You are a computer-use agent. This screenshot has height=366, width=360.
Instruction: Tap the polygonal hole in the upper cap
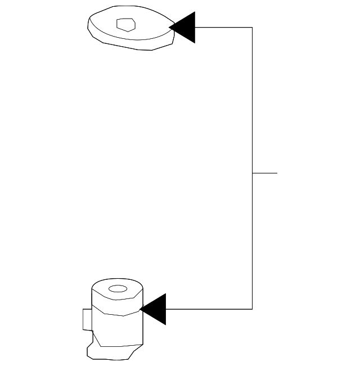point(125,24)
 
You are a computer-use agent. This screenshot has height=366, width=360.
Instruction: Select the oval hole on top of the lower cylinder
point(118,289)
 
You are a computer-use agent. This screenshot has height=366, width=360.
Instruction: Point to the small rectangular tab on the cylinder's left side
point(87,319)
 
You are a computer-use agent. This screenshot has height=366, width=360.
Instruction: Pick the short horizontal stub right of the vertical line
point(265,173)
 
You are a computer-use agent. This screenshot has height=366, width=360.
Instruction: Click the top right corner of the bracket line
point(252,27)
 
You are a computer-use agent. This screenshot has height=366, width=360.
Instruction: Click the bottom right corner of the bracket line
point(252,309)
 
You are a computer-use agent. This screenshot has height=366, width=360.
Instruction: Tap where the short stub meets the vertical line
point(252,173)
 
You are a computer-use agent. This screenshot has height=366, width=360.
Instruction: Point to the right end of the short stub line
point(277,173)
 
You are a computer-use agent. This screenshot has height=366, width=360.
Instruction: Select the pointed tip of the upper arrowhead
point(170,27)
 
